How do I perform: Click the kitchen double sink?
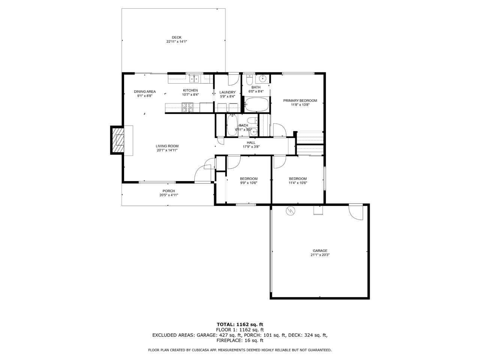[x=194, y=79]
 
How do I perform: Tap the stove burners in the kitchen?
[x=187, y=107]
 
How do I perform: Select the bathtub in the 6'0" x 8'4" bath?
[x=256, y=105]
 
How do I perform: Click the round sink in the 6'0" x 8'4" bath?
[x=262, y=78]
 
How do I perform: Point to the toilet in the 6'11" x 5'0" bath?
[x=253, y=120]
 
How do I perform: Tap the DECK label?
[x=177, y=37]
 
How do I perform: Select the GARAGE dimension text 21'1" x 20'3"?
[x=320, y=255]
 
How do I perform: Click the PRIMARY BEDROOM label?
[x=300, y=100]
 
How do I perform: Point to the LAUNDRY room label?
[x=227, y=92]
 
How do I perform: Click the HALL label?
[x=251, y=142]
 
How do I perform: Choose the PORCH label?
[x=169, y=191]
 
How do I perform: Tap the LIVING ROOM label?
[x=167, y=146]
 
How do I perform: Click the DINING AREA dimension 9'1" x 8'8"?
[x=144, y=96]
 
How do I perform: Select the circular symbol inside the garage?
[x=290, y=210]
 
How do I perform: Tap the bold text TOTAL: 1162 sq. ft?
[x=240, y=324]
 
